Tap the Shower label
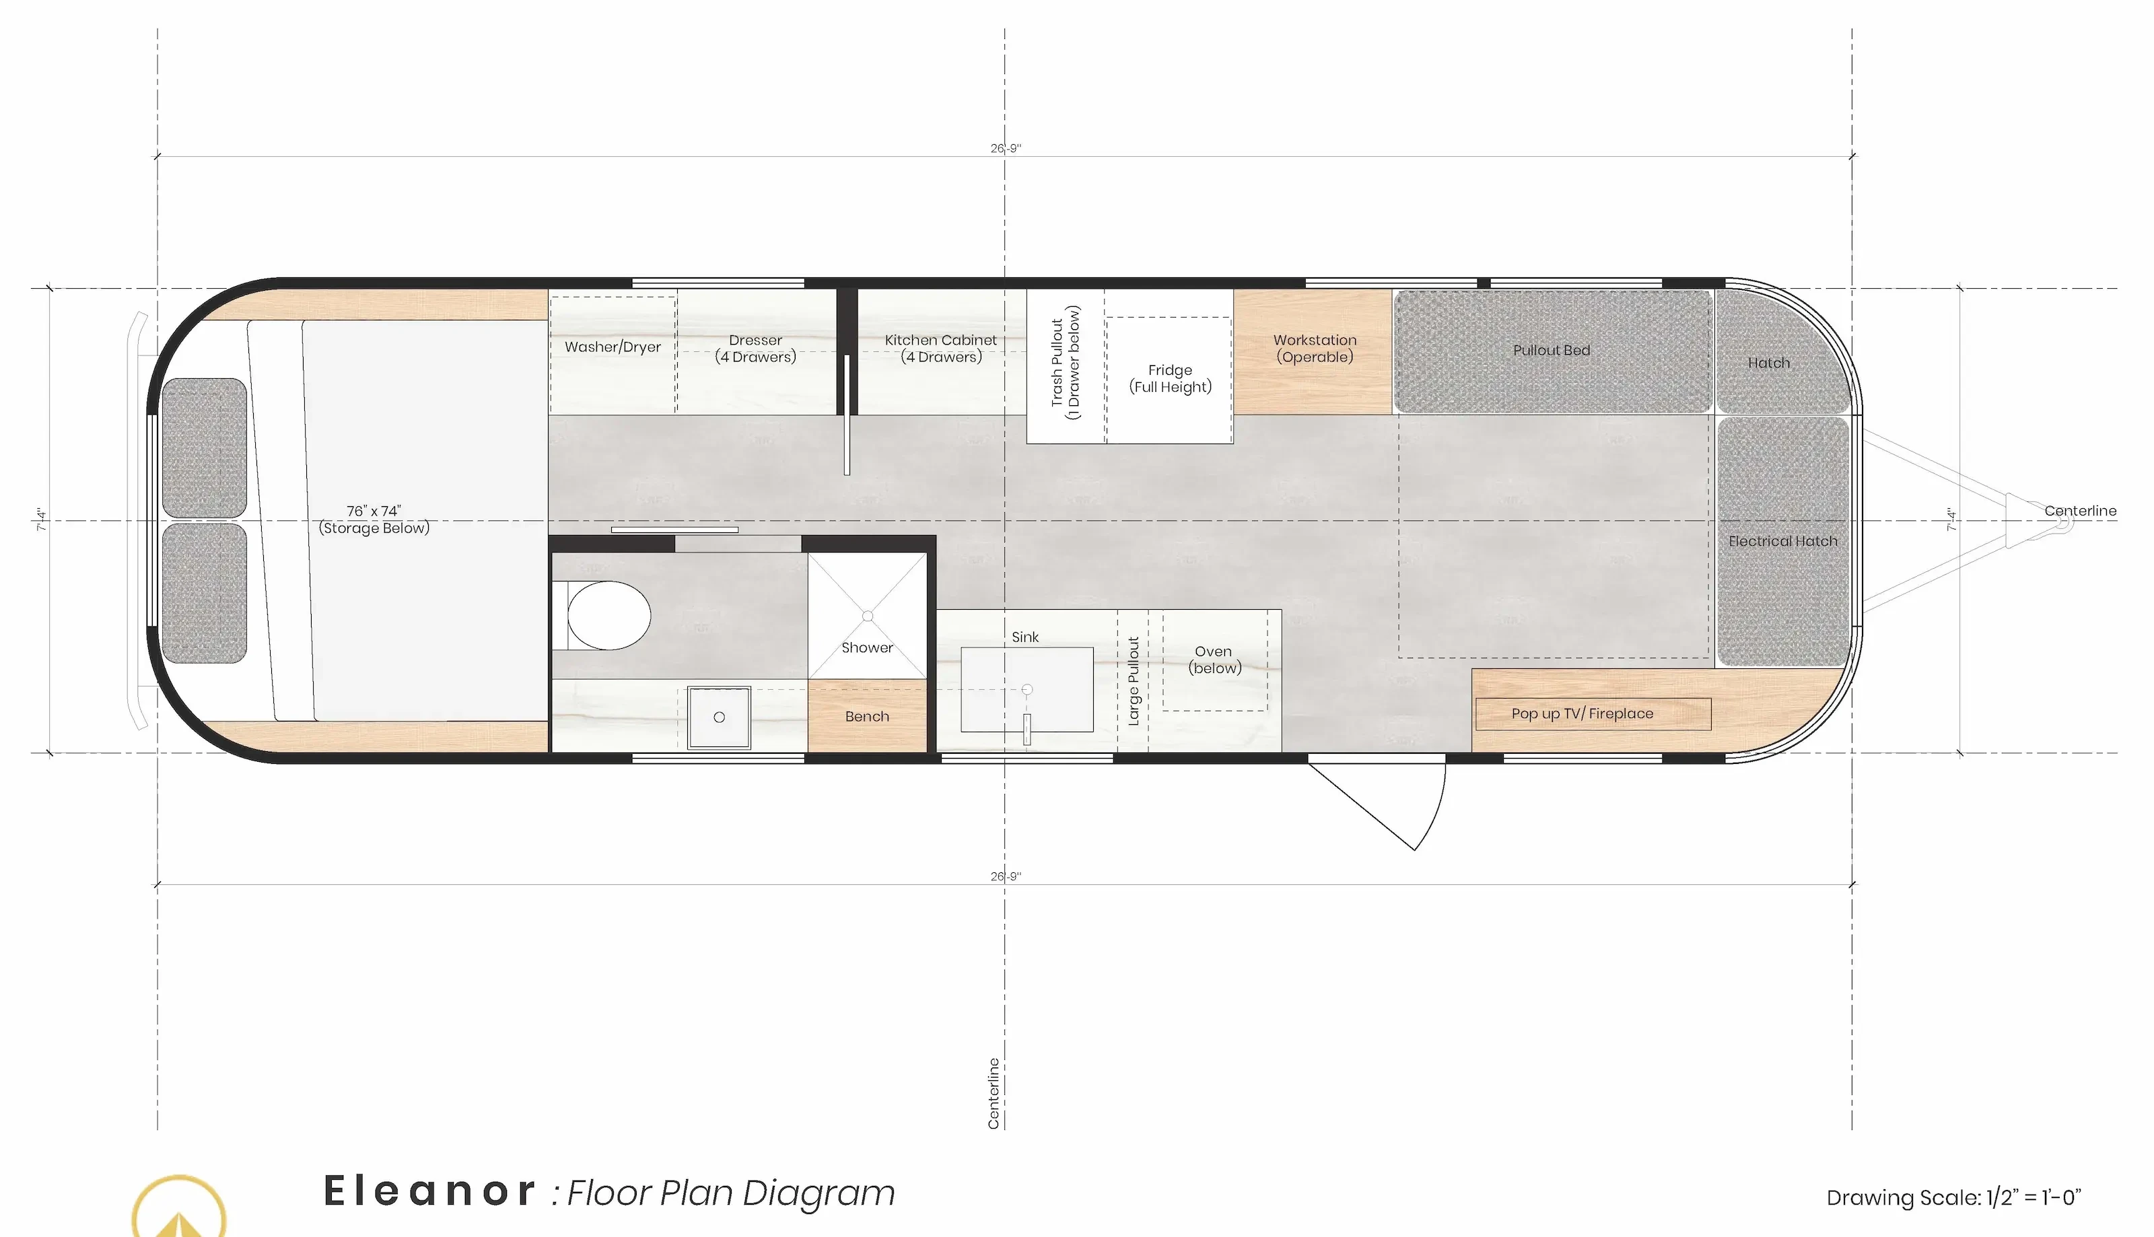coord(867,647)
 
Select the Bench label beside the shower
coord(867,716)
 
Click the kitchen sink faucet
coord(1027,729)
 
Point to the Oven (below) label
coord(1214,660)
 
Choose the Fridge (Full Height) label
coord(1170,378)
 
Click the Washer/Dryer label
coord(613,347)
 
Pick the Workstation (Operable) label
coord(1315,349)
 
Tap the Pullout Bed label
coord(1551,350)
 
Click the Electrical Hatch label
coord(1782,541)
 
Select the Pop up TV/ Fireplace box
coord(1593,713)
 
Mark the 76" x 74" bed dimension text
coord(373,511)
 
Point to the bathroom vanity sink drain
coord(719,717)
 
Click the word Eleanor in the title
coord(429,1191)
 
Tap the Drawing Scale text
coord(1953,1197)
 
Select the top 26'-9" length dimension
coord(1005,149)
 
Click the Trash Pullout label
coord(1057,363)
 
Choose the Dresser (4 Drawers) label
coord(755,349)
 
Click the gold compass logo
coord(179,1207)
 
